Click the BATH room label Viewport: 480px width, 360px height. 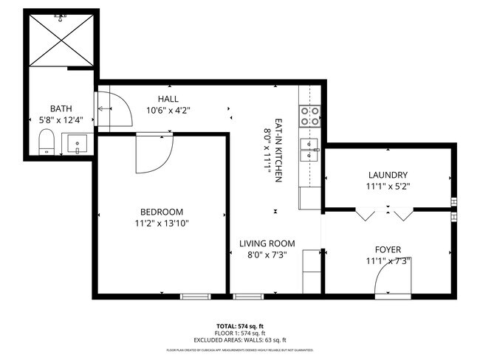tap(61, 108)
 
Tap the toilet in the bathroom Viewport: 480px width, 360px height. tap(47, 142)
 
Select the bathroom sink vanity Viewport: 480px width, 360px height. tap(76, 143)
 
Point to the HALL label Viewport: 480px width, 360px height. tap(168, 99)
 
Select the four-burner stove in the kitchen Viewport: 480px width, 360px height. tap(309, 115)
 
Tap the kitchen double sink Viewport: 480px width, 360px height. tap(309, 149)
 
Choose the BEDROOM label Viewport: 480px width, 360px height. tap(162, 212)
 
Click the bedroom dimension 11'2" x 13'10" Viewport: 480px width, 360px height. tap(162, 224)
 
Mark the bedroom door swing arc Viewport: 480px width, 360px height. tap(154, 154)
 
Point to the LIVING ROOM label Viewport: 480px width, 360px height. tap(267, 243)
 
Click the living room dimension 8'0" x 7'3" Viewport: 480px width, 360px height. tap(267, 255)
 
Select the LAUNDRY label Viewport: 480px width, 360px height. tap(388, 175)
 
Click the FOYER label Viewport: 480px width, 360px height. tap(388, 249)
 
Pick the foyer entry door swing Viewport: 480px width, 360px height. tap(388, 280)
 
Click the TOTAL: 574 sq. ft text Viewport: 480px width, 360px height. tap(240, 325)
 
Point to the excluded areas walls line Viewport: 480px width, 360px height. tap(240, 339)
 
